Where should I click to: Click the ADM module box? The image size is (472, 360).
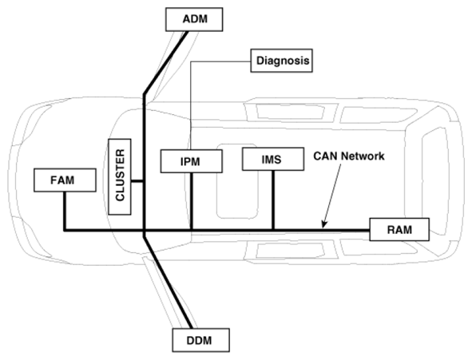pos(194,19)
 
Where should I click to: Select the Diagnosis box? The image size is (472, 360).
pos(281,61)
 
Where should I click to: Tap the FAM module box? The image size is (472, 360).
pos(65,180)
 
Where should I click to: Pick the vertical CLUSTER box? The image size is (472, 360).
pos(120,177)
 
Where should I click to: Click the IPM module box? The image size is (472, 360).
pos(192,161)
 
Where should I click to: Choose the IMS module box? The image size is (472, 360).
pos(273,159)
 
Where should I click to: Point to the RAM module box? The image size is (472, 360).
pos(399,229)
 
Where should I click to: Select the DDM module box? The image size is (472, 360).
pos(200,340)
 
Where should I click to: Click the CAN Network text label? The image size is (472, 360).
pos(349,156)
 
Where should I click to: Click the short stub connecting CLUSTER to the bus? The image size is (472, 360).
pos(137,181)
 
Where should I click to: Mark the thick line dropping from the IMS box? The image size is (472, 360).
pos(273,200)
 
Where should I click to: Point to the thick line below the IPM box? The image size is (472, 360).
pos(192,201)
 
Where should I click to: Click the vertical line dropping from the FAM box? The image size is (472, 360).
pos(65,211)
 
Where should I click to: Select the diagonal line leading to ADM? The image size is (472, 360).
pos(165,62)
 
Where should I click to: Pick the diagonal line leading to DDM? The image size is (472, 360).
pos(168,282)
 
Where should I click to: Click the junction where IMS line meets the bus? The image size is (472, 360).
pos(273,231)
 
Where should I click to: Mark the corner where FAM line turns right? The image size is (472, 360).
pos(65,231)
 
